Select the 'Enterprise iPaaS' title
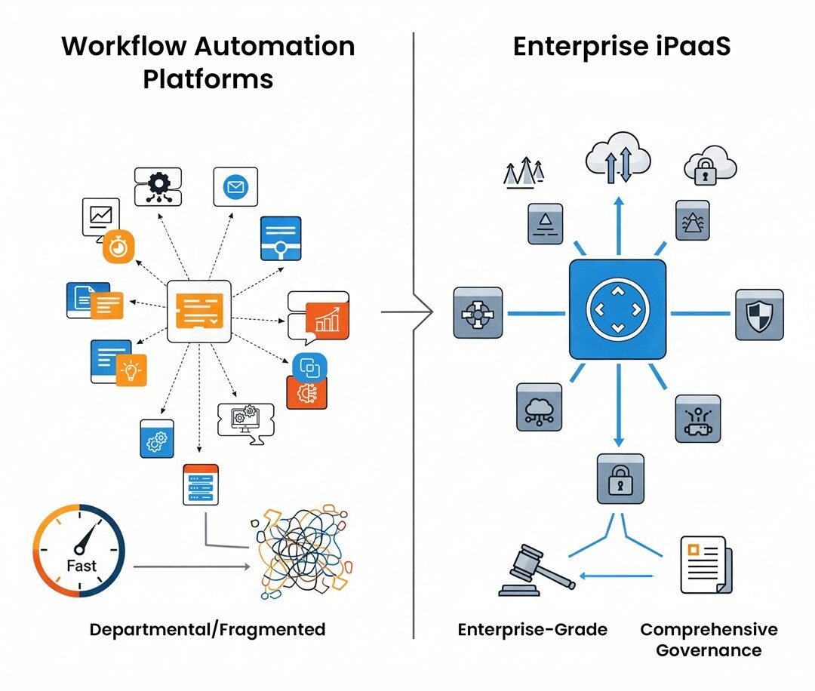pyautogui.click(x=621, y=46)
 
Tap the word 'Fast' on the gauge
pyautogui.click(x=81, y=565)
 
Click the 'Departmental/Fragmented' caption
pyautogui.click(x=208, y=629)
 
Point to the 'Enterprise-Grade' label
pyautogui.click(x=532, y=629)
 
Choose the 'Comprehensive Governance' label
pyautogui.click(x=709, y=639)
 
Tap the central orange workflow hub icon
pyautogui.click(x=198, y=311)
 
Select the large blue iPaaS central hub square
pyautogui.click(x=617, y=309)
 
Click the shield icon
pyautogui.click(x=759, y=314)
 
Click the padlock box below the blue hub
pyautogui.click(x=620, y=478)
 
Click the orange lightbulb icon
pyautogui.click(x=131, y=369)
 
